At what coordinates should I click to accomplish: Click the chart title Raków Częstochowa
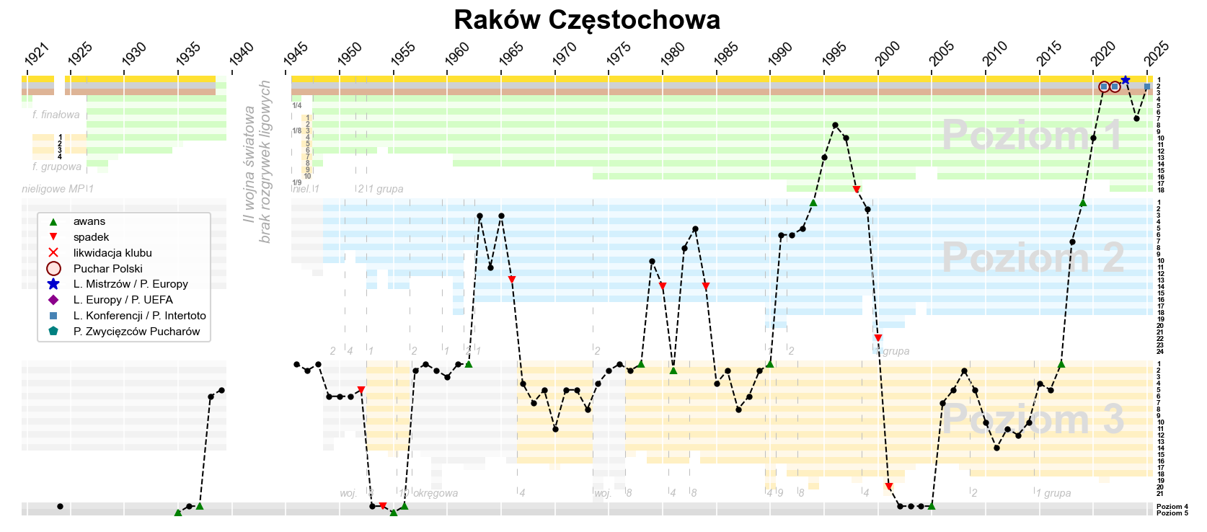(587, 20)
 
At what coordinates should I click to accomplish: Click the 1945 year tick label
(296, 54)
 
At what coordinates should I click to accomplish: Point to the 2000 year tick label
(888, 54)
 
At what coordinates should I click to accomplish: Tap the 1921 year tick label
(37, 54)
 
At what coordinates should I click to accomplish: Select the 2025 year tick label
(1157, 54)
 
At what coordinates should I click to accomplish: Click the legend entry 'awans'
(89, 221)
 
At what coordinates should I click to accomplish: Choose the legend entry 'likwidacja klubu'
(112, 253)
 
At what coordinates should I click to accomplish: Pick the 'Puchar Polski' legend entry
(108, 269)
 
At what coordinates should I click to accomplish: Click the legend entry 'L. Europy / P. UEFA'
(123, 300)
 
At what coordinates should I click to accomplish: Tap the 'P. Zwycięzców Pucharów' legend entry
(136, 332)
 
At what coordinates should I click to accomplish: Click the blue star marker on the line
(1126, 80)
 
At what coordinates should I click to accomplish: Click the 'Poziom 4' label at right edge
(1172, 507)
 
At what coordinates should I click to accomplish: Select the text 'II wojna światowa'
(249, 164)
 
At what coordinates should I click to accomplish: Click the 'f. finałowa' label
(56, 115)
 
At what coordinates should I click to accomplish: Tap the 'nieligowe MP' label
(53, 189)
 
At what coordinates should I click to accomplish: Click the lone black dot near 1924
(60, 506)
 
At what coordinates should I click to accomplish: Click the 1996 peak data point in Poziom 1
(835, 125)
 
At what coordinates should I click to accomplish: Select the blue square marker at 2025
(1147, 87)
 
